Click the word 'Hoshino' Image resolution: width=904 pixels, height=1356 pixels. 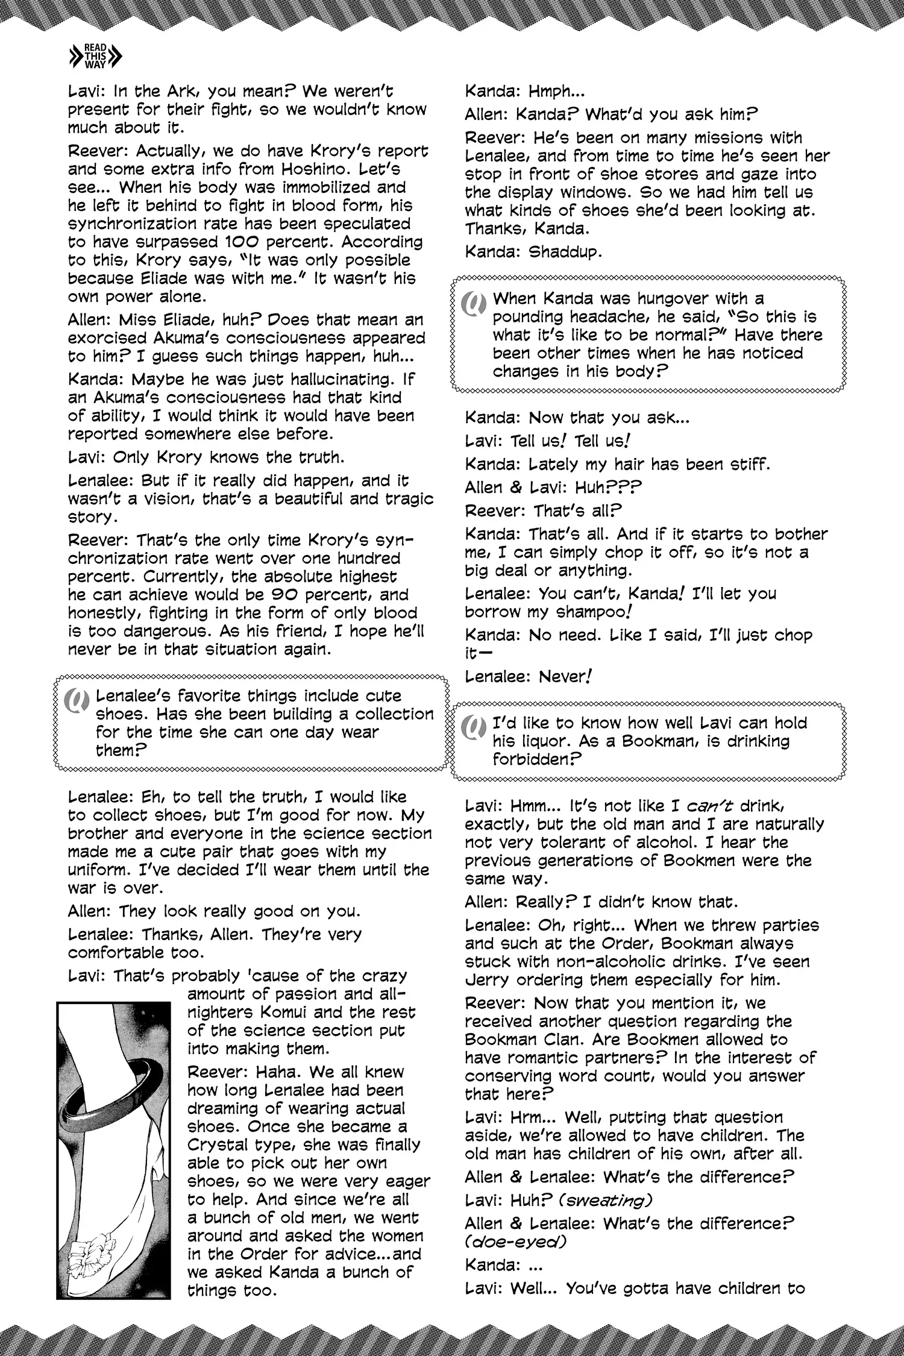(x=369, y=169)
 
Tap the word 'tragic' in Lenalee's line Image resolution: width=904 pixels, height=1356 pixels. (x=404, y=499)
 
